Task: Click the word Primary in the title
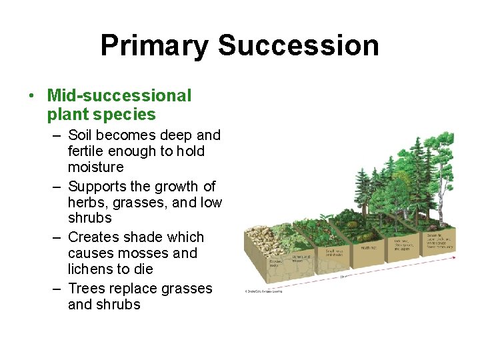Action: tap(154, 46)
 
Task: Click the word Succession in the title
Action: tap(298, 46)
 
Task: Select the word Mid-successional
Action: tap(119, 96)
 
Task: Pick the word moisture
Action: tap(95, 167)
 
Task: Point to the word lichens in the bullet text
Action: tap(89, 269)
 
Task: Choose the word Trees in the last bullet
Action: tap(86, 289)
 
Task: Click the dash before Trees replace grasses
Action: tap(58, 289)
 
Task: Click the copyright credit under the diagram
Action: tap(263, 291)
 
